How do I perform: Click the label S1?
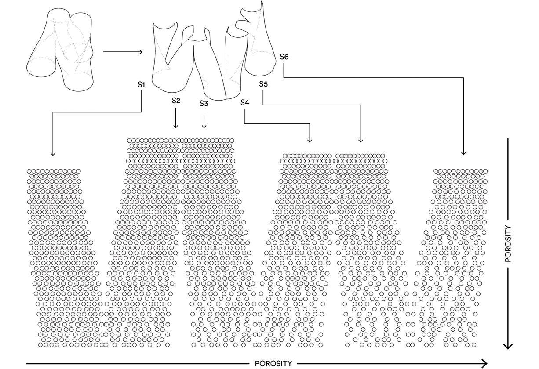click(141, 84)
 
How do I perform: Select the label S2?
click(176, 101)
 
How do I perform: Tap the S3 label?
click(204, 104)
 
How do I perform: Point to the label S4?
click(245, 102)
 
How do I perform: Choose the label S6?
click(284, 57)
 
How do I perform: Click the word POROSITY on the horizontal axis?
click(273, 363)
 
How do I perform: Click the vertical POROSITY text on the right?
click(508, 244)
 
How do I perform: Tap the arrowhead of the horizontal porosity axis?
click(485, 363)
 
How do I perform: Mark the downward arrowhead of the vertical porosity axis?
click(508, 346)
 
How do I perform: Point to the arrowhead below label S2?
click(176, 126)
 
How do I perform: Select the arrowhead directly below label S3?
click(204, 126)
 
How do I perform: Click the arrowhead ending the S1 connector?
click(53, 154)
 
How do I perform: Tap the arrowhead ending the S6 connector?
click(463, 153)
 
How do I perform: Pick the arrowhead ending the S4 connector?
click(310, 141)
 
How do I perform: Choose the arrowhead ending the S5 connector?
click(361, 141)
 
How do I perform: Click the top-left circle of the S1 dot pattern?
click(29, 171)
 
